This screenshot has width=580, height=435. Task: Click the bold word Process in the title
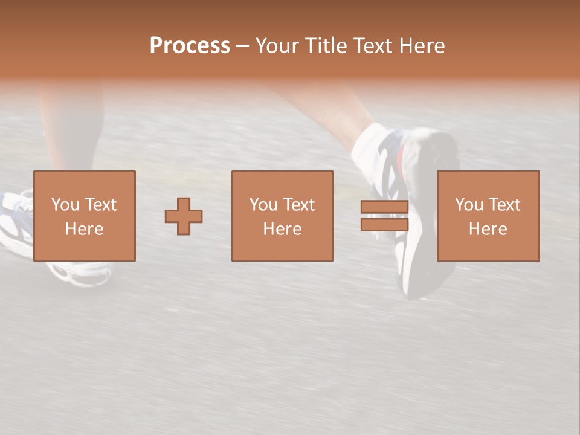point(190,46)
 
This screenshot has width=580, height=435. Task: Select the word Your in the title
point(278,46)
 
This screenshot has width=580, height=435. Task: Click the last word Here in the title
point(420,46)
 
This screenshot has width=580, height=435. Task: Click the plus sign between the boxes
point(184,216)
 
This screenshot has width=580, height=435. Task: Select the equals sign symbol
point(384,216)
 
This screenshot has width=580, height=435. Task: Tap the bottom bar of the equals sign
point(384,224)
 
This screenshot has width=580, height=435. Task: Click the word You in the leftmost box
point(65,205)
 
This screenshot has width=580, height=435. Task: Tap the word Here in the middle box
point(282,229)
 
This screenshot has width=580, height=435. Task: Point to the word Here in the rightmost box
point(488,229)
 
